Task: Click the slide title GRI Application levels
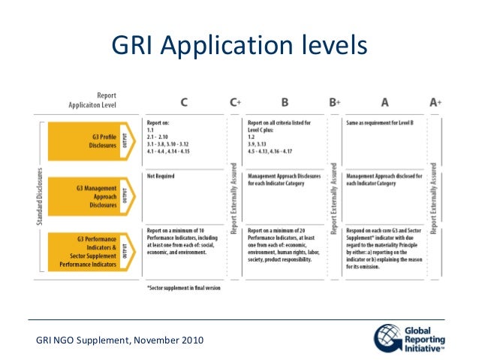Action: pos(239,47)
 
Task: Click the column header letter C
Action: pos(183,101)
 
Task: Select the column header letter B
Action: pos(285,101)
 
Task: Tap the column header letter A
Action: pos(384,101)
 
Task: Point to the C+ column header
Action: pos(234,101)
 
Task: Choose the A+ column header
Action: pos(436,101)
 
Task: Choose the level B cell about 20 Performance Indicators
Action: pos(286,245)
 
